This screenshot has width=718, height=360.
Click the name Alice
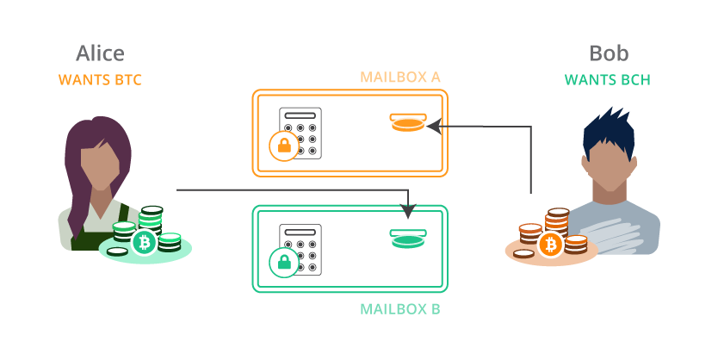click(100, 53)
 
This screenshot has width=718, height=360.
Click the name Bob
click(608, 53)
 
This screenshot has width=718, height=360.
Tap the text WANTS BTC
click(100, 80)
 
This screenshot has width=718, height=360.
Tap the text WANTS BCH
click(607, 80)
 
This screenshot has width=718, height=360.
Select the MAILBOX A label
click(400, 78)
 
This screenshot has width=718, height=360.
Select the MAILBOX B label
click(400, 308)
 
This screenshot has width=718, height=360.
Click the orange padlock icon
click(284, 146)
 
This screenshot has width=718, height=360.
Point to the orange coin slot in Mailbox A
click(407, 123)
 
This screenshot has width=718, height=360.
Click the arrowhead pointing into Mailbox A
click(434, 127)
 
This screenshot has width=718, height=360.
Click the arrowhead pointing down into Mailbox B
click(408, 212)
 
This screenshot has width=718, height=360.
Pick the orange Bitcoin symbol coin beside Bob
click(550, 245)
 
